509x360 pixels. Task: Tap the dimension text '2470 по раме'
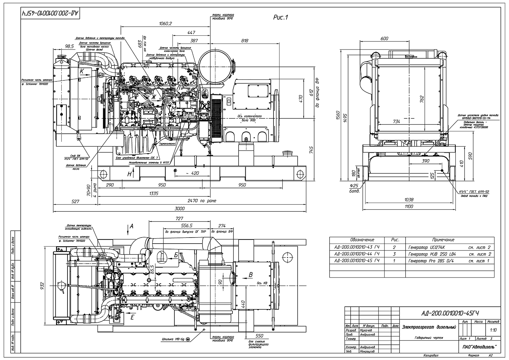coord(202,201)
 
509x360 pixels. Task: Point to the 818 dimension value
coord(244,41)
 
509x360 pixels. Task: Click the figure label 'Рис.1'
coord(280,18)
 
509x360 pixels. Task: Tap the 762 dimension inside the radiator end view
coord(422,99)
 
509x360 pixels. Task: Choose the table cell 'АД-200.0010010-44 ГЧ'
coord(357,254)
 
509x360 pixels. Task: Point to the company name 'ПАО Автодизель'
coord(479,346)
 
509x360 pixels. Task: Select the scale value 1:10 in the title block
coord(492,329)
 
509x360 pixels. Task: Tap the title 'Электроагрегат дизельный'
coord(429,327)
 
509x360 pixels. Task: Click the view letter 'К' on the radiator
coord(81,72)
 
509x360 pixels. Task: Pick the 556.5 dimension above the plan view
coord(187,226)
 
